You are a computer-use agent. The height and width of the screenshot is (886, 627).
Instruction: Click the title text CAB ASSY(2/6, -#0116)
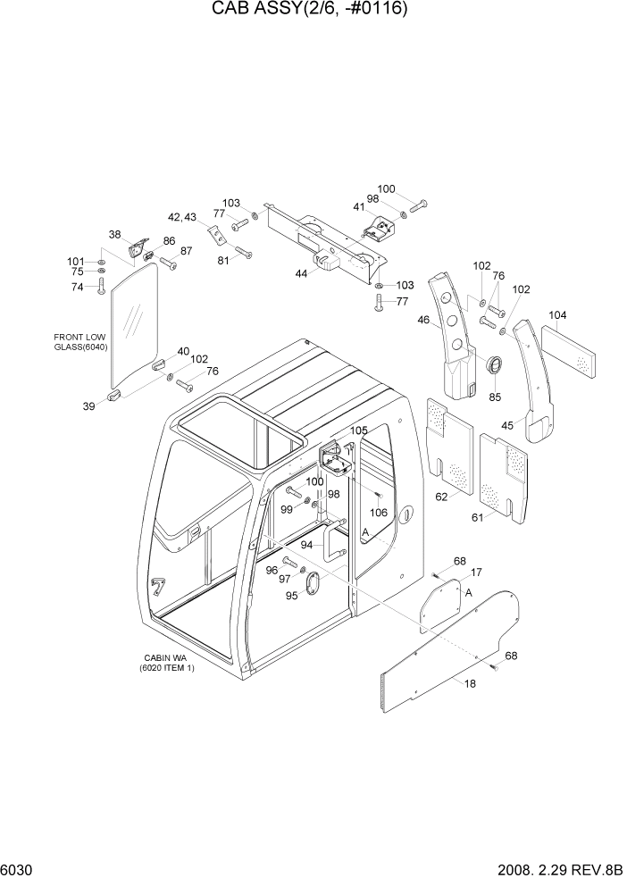(x=314, y=10)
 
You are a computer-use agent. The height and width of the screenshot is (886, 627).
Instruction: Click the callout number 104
(x=558, y=315)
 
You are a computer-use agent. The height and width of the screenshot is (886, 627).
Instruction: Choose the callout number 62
(x=440, y=497)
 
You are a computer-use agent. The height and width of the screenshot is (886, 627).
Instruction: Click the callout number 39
(x=89, y=406)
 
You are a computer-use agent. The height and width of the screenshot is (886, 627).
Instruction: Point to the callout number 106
(x=379, y=513)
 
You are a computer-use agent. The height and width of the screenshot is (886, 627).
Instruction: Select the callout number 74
(x=78, y=287)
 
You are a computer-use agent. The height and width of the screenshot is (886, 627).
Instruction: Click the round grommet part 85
(x=492, y=367)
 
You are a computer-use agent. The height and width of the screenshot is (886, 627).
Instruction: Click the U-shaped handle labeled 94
(x=333, y=544)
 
